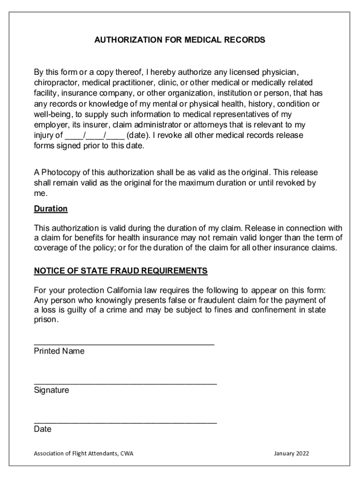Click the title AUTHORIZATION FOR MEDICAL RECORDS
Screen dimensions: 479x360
[180, 40]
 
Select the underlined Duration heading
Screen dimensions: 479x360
[50, 209]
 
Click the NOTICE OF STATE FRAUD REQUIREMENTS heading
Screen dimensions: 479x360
[121, 271]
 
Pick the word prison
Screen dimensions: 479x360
[46, 320]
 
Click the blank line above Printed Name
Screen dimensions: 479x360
[124, 344]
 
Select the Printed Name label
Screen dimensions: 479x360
[59, 351]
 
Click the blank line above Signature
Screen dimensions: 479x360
[125, 383]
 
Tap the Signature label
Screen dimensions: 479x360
[51, 390]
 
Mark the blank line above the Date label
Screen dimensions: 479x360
[125, 422]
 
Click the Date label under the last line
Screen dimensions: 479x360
[43, 429]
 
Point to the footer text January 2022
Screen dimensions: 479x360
[291, 454]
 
